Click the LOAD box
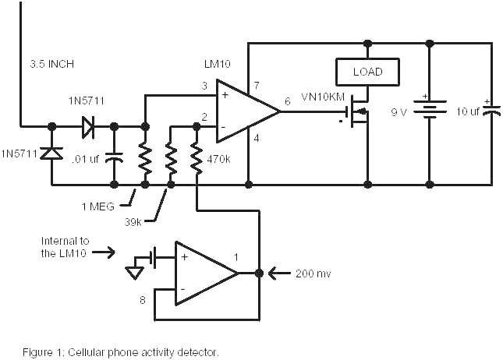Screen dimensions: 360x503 click(367, 72)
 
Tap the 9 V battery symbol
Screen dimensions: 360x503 click(429, 110)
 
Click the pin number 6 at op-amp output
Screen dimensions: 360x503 click(288, 100)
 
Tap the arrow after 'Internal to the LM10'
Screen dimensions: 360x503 click(106, 252)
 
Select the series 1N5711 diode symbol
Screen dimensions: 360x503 click(86, 125)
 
